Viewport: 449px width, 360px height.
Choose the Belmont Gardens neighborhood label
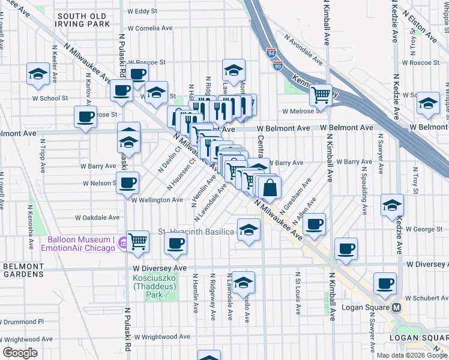point(23,270)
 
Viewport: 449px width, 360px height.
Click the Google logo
point(20,353)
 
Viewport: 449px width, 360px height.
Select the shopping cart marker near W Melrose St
point(321,95)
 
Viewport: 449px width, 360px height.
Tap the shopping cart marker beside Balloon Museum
point(138,242)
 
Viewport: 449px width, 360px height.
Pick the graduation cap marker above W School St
point(38,74)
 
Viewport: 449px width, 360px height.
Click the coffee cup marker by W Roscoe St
point(136,74)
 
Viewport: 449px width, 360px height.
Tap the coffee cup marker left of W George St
point(315,225)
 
